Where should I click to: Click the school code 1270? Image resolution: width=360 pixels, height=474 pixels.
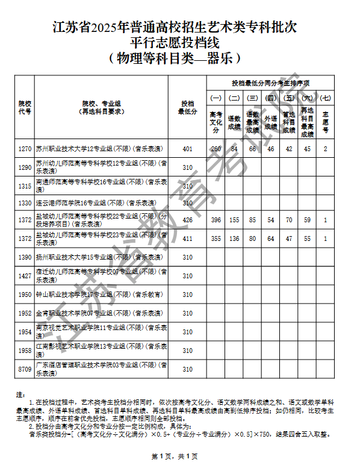tap(25, 148)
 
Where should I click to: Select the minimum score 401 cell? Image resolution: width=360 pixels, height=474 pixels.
tap(187, 148)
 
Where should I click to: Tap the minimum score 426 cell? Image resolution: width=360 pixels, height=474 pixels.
tap(187, 220)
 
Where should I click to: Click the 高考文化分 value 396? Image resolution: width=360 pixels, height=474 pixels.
tap(216, 220)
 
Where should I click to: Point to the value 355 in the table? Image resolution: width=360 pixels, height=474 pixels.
tap(216, 239)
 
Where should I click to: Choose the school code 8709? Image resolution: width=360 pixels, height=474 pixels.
tap(25, 369)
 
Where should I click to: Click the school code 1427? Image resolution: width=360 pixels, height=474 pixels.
tap(25, 276)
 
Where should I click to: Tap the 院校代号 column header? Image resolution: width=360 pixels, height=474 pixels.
tap(25, 107)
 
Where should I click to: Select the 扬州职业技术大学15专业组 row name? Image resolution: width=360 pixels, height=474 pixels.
tap(99, 257)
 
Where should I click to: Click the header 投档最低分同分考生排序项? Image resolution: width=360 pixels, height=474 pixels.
tap(270, 83)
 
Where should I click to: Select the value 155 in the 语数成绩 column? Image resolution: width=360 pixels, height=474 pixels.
tap(234, 220)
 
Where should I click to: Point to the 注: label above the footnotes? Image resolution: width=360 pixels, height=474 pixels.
tap(20, 394)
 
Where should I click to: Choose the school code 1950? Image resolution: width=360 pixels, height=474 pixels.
tap(25, 295)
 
